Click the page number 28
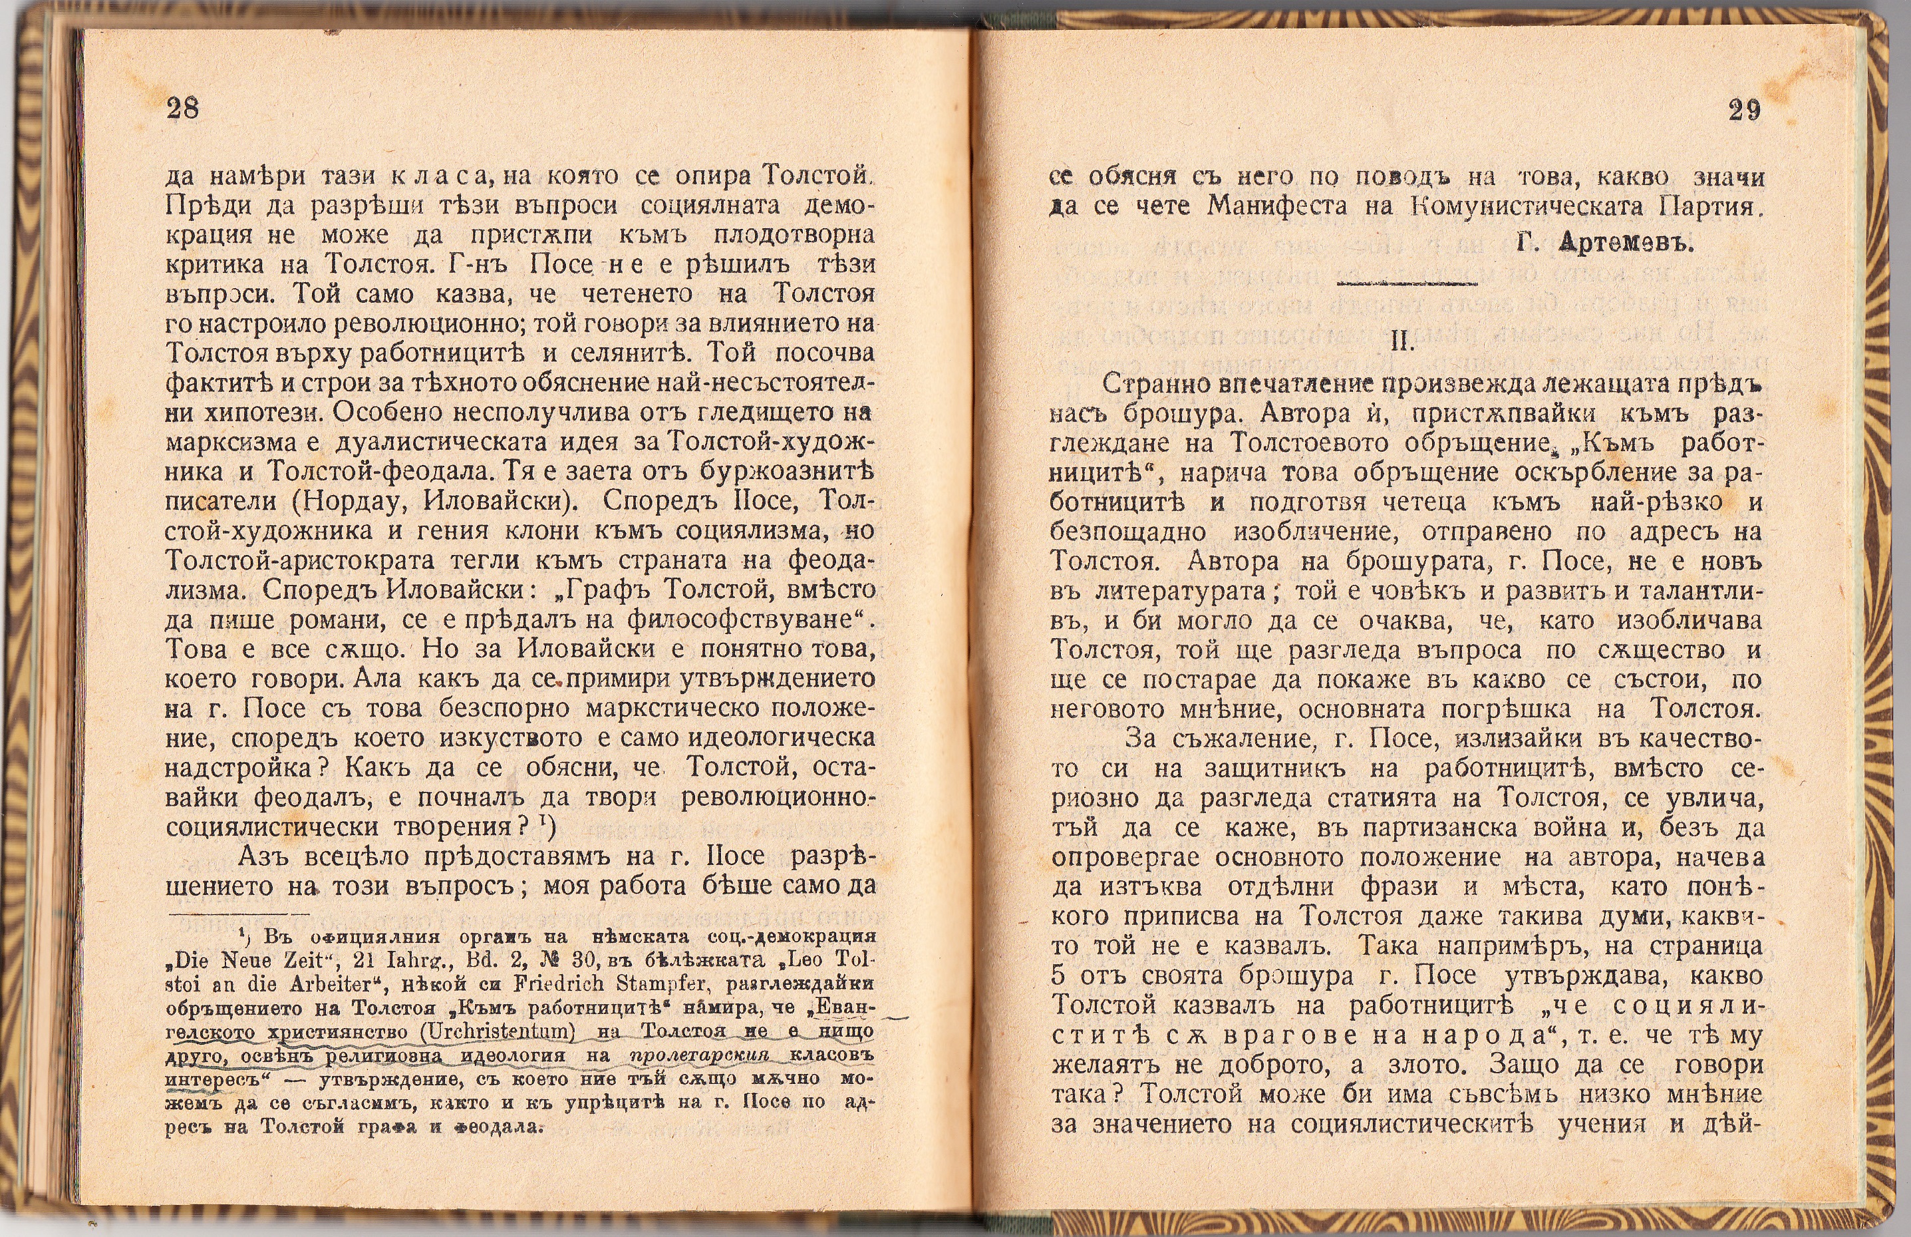click(x=182, y=108)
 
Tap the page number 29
click(x=1744, y=110)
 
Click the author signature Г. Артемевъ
click(x=1605, y=244)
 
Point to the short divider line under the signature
click(x=1406, y=283)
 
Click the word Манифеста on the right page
click(x=1276, y=207)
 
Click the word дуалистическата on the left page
click(x=476, y=442)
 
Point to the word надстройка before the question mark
click(x=240, y=768)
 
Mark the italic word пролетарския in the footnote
click(x=698, y=1056)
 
